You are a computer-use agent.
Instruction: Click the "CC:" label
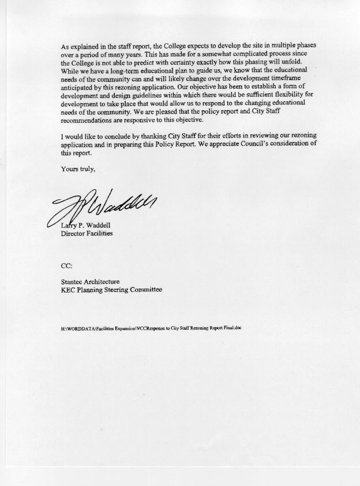point(67,266)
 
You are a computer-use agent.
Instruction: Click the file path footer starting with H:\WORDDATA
point(151,328)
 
